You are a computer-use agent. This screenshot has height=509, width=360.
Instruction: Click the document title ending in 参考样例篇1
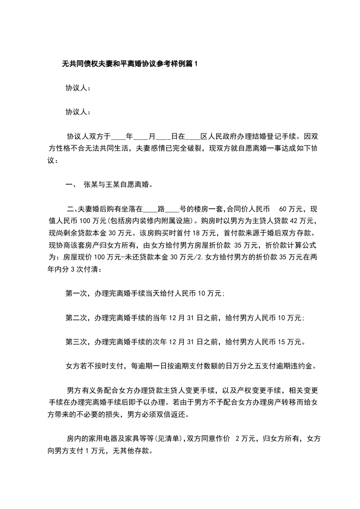pos(130,64)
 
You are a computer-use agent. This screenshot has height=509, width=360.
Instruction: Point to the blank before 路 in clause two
pos(150,209)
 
